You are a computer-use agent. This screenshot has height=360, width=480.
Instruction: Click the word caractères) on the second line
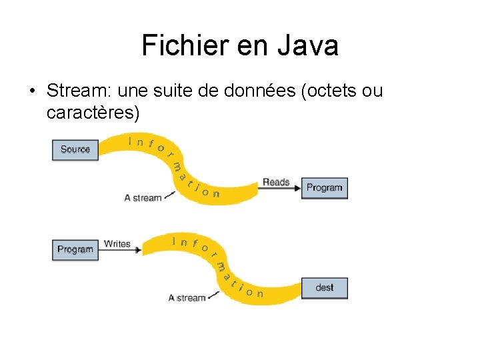pyautogui.click(x=93, y=113)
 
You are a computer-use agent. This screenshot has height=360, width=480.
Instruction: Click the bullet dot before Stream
pyautogui.click(x=32, y=91)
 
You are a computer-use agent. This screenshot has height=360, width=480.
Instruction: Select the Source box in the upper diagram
pyautogui.click(x=75, y=149)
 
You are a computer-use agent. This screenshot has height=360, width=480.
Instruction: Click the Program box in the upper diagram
pyautogui.click(x=324, y=188)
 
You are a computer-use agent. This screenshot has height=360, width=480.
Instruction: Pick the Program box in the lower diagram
pyautogui.click(x=75, y=249)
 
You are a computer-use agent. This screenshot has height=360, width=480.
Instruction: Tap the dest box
pyautogui.click(x=325, y=287)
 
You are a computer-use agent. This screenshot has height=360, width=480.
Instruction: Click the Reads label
pyautogui.click(x=276, y=182)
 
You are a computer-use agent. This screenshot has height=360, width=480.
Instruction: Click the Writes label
pyautogui.click(x=117, y=244)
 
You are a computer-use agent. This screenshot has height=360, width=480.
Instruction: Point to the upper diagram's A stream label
pyautogui.click(x=143, y=197)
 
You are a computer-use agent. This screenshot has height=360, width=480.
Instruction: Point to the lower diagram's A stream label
pyautogui.click(x=187, y=297)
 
